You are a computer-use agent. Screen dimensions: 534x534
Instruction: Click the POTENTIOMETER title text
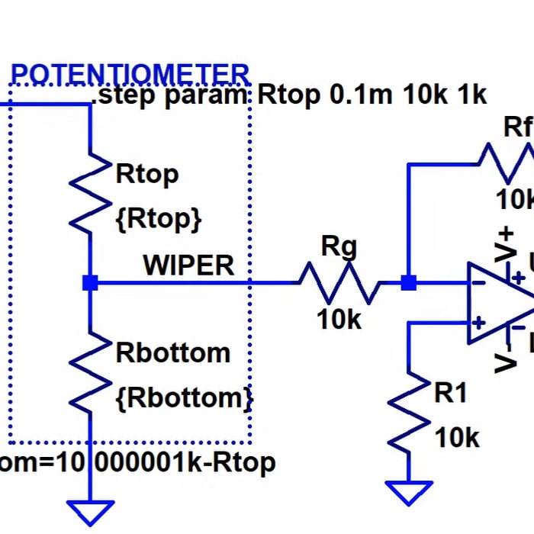pos(130,75)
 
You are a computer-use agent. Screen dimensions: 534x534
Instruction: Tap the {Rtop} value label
pos(159,219)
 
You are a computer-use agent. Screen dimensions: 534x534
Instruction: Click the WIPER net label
pos(188,265)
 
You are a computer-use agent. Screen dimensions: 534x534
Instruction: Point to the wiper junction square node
pos(90,283)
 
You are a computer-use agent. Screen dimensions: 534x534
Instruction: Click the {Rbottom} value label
pos(183,397)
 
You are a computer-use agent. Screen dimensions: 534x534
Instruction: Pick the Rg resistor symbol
pos(339,283)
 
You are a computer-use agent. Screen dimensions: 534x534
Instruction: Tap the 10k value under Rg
pos(339,320)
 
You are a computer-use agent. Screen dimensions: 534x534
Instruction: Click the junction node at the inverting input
pos(409,283)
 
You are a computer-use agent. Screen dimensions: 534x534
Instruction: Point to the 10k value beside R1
pos(457,438)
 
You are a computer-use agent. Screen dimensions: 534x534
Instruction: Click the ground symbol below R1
pos(409,492)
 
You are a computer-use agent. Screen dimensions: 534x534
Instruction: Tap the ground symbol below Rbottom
pos(90,512)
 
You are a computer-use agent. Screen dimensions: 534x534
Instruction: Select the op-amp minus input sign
pos(478,284)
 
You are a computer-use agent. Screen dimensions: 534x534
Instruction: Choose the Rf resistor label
pos(517,127)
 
